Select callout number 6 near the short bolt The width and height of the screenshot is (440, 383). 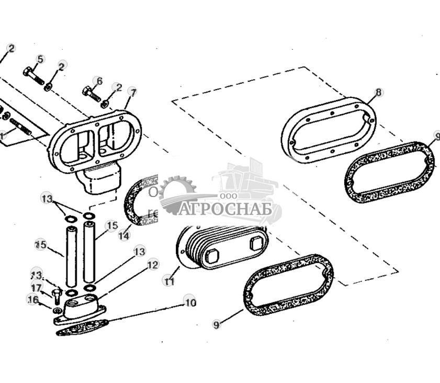click(x=98, y=81)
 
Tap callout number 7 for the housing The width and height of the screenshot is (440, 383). click(x=133, y=92)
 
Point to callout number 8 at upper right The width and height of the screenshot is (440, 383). click(x=379, y=93)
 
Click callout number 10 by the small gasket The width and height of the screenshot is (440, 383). click(x=190, y=302)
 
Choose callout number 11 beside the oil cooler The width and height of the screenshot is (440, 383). click(x=169, y=281)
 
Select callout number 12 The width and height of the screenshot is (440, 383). click(x=152, y=265)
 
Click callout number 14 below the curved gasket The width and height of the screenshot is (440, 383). click(x=123, y=236)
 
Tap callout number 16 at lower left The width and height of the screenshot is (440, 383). click(x=32, y=299)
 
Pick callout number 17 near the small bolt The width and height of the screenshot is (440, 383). click(x=36, y=288)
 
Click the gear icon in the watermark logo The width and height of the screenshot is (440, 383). click(x=177, y=195)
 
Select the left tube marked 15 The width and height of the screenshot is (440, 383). click(x=71, y=253)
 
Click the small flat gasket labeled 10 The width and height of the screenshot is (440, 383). click(x=83, y=328)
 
